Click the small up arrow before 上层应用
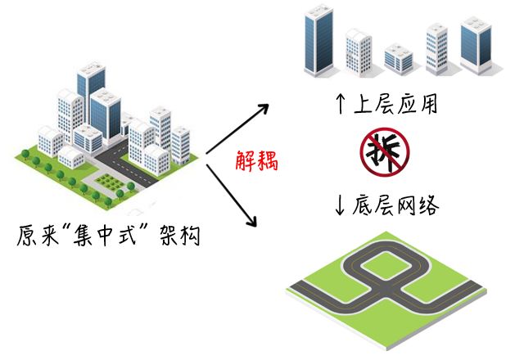[x=341, y=105]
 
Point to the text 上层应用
[x=395, y=105]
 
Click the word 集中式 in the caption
[x=109, y=236]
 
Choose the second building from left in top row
[x=359, y=51]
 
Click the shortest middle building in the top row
[x=398, y=58]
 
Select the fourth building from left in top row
[x=437, y=48]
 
